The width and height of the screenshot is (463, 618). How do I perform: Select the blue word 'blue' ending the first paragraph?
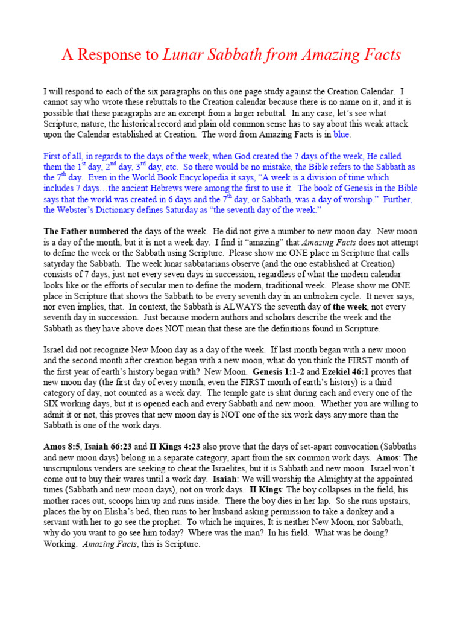click(341, 134)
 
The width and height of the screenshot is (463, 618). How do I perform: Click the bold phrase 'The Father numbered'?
click(86, 232)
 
